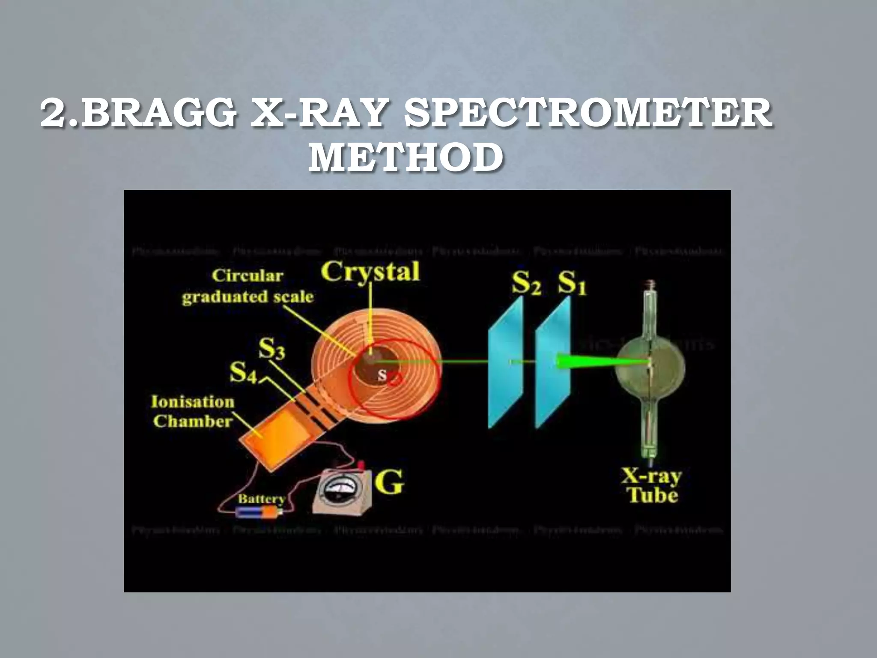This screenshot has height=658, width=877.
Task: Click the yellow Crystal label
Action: [x=370, y=272]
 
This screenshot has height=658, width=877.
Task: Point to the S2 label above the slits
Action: [x=526, y=283]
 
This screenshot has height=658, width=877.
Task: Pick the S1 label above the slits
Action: [x=572, y=283]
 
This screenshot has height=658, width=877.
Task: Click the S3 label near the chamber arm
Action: [x=271, y=349]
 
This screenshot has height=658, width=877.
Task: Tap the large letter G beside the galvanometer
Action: [x=389, y=483]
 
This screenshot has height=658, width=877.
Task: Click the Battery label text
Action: [x=261, y=499]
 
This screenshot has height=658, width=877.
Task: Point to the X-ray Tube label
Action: [x=652, y=486]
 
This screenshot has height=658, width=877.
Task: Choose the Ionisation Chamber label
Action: [x=193, y=411]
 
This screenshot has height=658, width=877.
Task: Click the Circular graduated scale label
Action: [x=248, y=286]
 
